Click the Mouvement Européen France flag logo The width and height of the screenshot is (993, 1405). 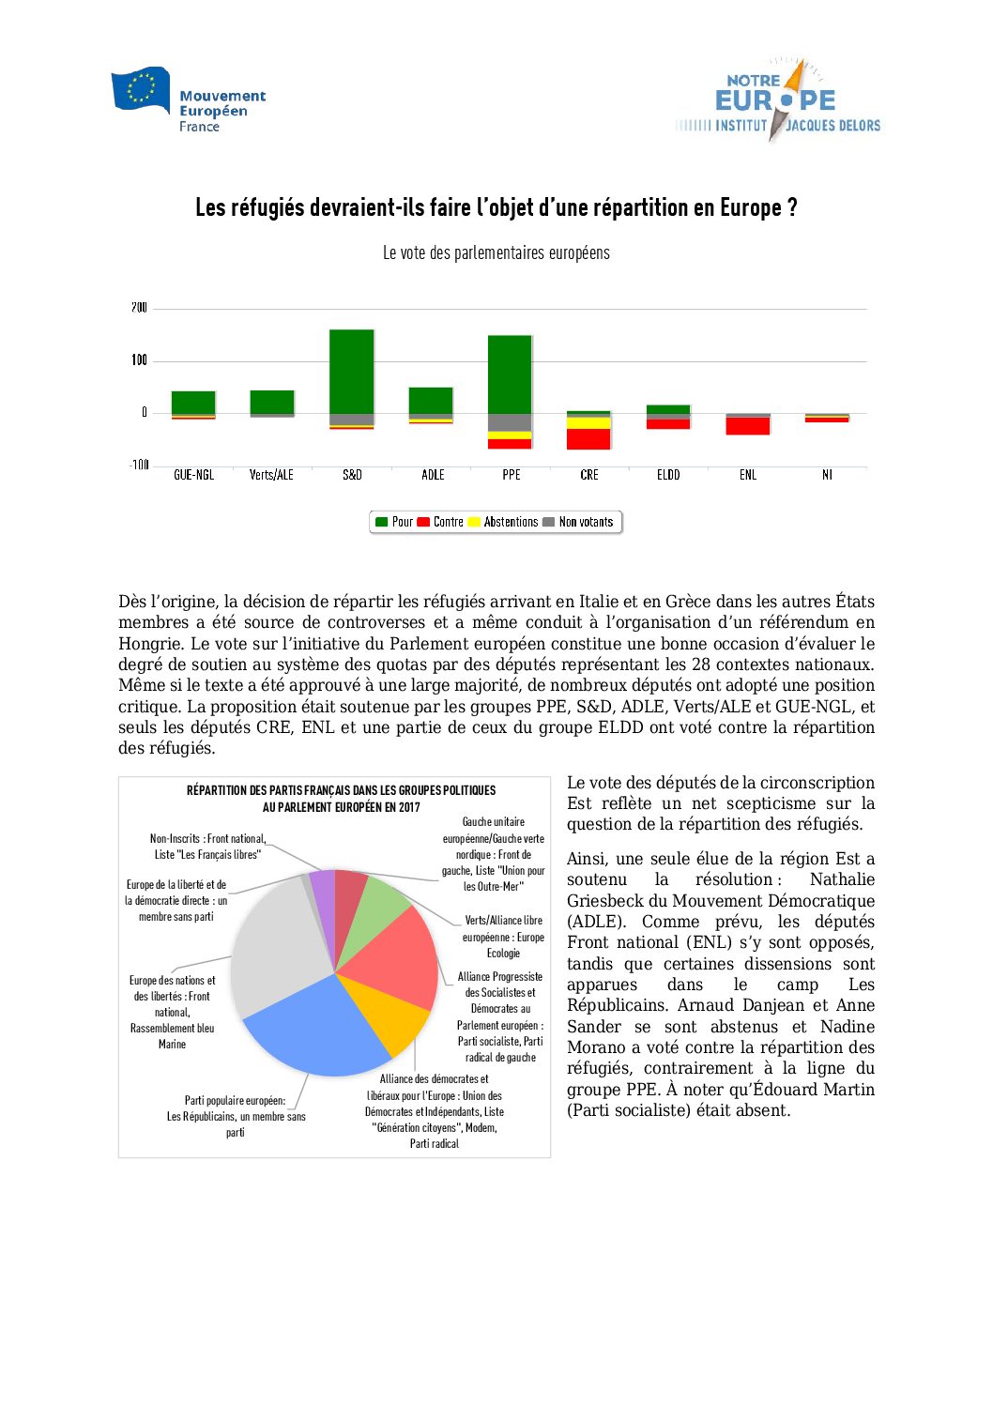coord(141,91)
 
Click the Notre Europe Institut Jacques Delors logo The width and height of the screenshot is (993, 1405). coord(778,100)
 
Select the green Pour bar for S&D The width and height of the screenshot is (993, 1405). coord(352,371)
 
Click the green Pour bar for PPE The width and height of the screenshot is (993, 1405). coord(510,374)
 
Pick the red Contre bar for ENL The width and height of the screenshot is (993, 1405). coord(748,426)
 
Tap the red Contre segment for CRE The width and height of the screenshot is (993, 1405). coord(588,438)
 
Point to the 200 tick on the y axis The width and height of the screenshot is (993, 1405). coord(139,308)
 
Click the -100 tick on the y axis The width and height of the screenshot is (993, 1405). coord(139,466)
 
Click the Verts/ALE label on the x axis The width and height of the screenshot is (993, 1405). coord(271,475)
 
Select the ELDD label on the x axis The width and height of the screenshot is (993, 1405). coord(668,475)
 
